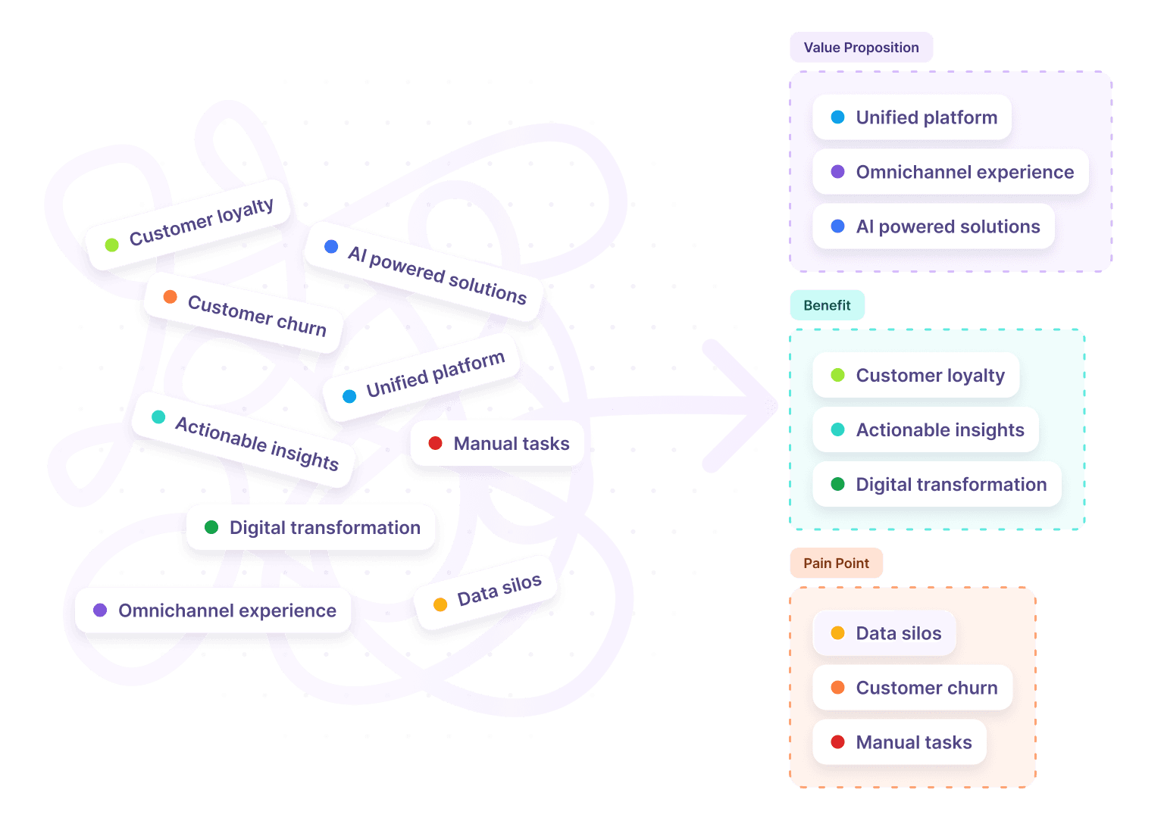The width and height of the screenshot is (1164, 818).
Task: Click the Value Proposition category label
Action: pos(861,48)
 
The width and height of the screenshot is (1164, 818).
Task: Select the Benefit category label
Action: pos(827,305)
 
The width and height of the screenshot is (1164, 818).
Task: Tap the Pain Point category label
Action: pos(836,563)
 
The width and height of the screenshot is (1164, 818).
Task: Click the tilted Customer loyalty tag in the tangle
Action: pos(189,225)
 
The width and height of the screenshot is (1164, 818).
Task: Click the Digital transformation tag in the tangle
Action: pos(311,527)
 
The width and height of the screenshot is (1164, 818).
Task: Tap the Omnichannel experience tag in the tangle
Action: pos(213,610)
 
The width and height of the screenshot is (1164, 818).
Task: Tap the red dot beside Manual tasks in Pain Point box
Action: pos(837,742)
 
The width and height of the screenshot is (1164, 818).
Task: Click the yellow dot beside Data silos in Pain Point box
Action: pos(837,633)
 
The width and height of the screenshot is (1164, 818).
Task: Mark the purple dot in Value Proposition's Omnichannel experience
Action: pos(837,172)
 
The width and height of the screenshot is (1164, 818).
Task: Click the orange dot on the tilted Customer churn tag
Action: pos(171,297)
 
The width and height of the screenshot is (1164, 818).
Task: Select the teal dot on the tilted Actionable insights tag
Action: pos(158,417)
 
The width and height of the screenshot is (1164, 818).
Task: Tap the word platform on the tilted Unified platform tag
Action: pos(468,368)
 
